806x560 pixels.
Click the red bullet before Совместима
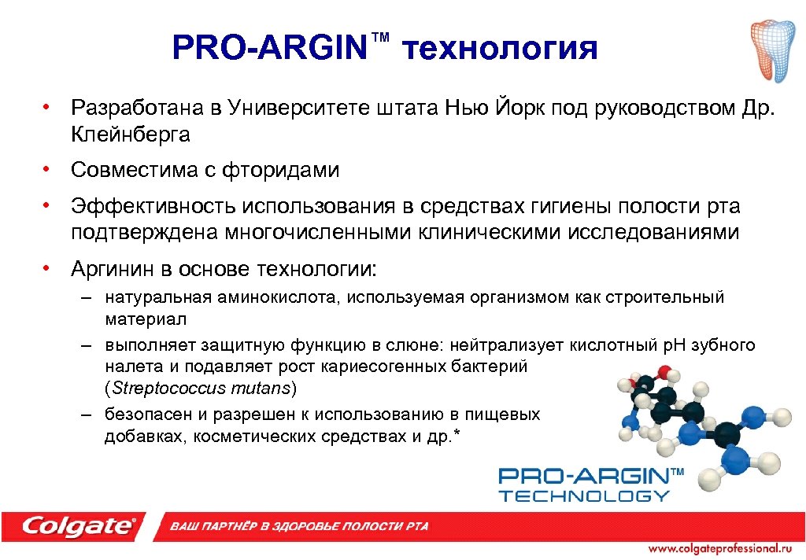pos(48,169)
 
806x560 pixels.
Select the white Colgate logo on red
pos(79,525)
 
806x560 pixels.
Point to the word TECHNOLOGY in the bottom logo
pos(584,496)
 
